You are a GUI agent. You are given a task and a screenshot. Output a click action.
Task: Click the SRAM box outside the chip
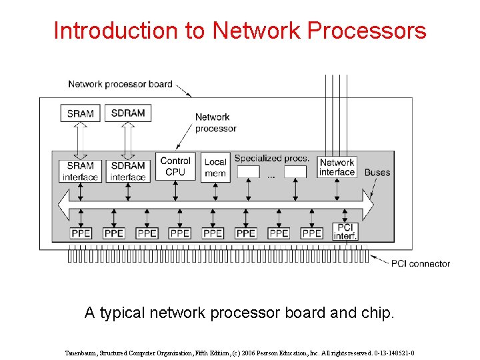(80, 113)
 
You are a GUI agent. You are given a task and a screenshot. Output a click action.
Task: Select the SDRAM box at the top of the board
(128, 113)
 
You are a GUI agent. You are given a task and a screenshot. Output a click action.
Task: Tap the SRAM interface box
(80, 171)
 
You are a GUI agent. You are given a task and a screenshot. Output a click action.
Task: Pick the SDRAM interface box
(128, 171)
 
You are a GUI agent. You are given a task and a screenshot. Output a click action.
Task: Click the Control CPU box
(175, 166)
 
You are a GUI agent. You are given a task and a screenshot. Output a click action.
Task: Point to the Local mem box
(215, 167)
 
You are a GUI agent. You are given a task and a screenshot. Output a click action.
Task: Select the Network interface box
(337, 167)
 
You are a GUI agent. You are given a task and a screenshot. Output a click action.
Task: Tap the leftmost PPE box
(81, 233)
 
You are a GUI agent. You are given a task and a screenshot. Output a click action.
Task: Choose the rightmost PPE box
(311, 233)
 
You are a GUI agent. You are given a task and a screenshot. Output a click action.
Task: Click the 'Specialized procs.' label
(271, 158)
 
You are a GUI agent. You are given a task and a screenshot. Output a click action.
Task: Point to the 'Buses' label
(377, 172)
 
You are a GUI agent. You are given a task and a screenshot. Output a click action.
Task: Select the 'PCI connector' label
(420, 263)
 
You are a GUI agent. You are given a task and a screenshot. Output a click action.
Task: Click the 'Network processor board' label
(120, 84)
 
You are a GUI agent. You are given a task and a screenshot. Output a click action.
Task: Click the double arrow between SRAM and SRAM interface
(80, 140)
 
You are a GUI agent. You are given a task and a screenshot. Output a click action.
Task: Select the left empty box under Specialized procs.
(248, 172)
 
